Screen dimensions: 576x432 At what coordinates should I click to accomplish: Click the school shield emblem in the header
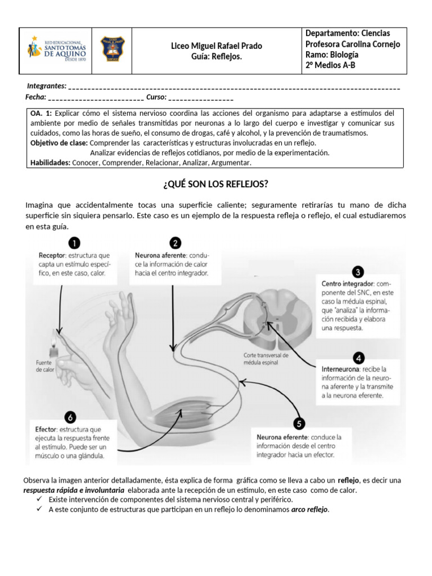[112, 50]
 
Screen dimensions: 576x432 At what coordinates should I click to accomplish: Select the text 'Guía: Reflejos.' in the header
[217, 57]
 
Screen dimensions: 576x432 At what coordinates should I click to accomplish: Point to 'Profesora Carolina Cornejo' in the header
[353, 44]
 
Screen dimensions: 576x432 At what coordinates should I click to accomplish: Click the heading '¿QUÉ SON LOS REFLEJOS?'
[216, 184]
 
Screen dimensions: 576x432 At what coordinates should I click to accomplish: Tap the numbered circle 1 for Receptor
[74, 244]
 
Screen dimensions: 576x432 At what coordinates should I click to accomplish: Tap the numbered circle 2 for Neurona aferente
[175, 244]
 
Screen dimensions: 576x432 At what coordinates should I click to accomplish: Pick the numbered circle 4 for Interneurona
[359, 358]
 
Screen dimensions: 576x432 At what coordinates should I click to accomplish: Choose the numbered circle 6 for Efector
[70, 417]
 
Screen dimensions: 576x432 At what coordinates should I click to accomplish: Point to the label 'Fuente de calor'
[44, 366]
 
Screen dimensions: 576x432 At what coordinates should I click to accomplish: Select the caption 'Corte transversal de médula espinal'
[266, 359]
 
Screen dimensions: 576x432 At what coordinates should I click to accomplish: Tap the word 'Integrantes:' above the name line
[47, 86]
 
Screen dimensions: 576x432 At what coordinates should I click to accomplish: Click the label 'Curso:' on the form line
[156, 97]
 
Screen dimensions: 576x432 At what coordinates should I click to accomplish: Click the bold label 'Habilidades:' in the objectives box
[50, 163]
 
